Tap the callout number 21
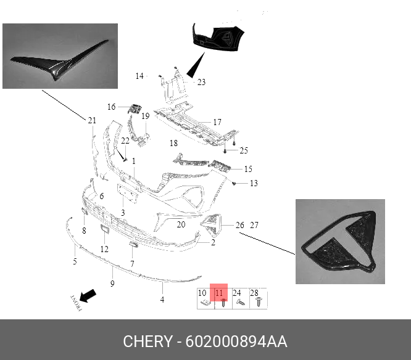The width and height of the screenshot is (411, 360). (x=92, y=120)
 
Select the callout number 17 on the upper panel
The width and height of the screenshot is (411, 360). (x=217, y=123)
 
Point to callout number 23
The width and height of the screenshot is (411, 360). (x=201, y=82)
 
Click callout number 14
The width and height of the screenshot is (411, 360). (x=139, y=76)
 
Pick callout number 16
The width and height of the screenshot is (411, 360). (x=111, y=107)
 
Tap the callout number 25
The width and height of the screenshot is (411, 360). (x=243, y=150)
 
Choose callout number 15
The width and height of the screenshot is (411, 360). (x=248, y=168)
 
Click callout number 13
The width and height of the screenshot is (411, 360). (x=254, y=183)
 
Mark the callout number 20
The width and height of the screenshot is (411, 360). (x=181, y=224)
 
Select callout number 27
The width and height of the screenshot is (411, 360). (x=254, y=225)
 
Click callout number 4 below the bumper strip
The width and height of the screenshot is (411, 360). (x=162, y=300)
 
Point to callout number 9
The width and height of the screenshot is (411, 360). (x=112, y=284)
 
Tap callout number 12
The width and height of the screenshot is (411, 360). (x=104, y=249)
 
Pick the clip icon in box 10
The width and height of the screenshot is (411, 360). (x=202, y=303)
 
